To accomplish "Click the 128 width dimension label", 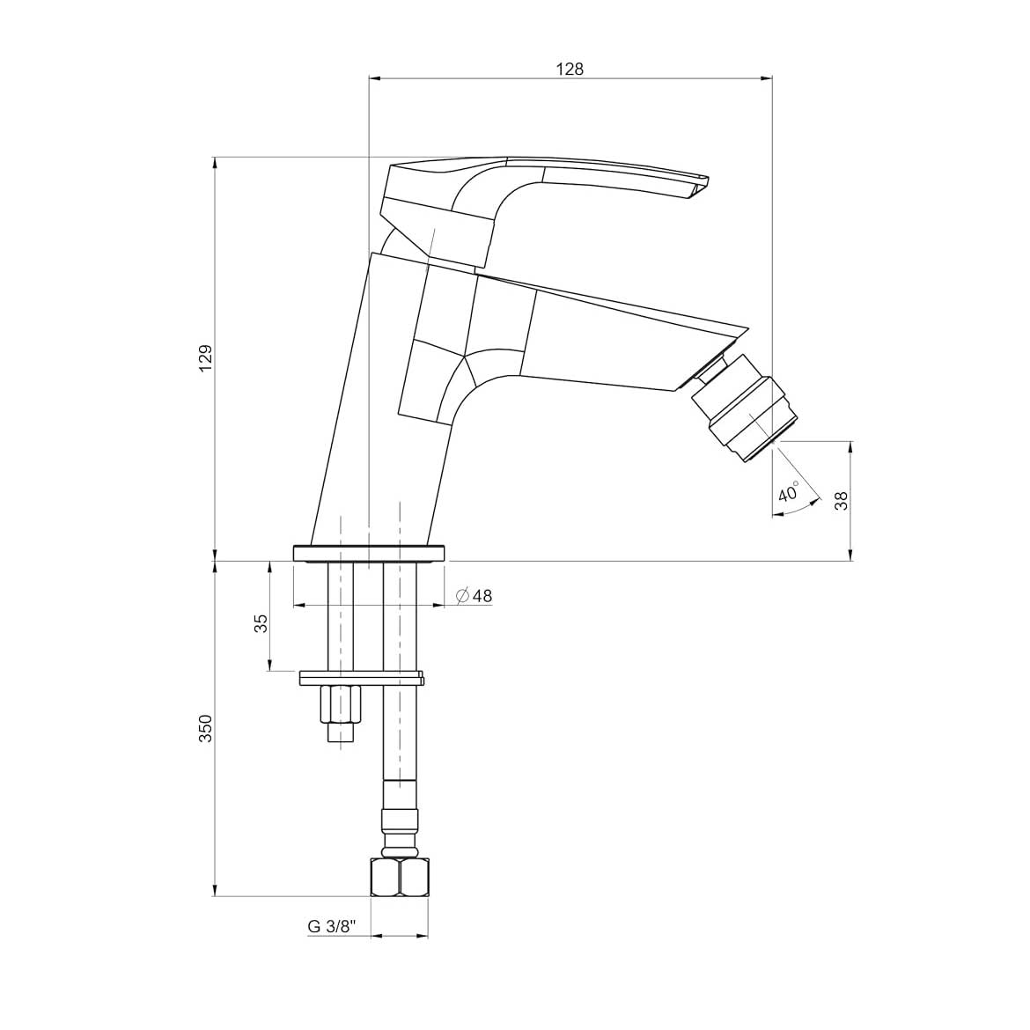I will coord(570,69).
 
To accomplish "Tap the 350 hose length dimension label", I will coord(205,728).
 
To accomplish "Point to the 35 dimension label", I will coord(260,623).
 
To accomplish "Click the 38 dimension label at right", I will coord(841,500).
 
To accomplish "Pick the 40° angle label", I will coord(789,492).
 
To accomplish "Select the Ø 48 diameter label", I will coord(475,596).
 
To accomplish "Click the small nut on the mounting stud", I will coord(340,703).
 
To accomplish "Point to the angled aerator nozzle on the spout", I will coord(745,407).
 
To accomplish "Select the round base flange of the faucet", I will coord(370,553).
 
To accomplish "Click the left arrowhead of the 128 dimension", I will coord(373,79).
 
